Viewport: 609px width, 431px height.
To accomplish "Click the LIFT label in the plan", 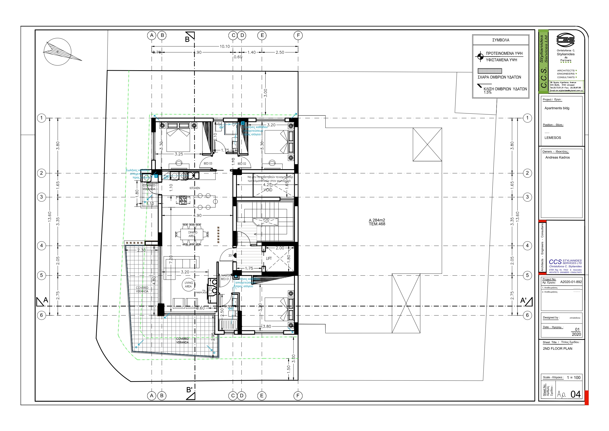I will tap(269, 258).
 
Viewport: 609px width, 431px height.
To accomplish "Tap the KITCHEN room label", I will tap(195, 188).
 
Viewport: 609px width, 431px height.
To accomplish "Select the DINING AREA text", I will tap(193, 234).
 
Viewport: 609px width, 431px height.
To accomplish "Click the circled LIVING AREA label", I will tap(189, 284).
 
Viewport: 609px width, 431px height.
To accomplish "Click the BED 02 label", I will tap(242, 164).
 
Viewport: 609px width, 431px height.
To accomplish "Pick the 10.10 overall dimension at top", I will tap(225, 46).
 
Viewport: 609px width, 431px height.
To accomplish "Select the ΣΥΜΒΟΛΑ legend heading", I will tap(501, 40).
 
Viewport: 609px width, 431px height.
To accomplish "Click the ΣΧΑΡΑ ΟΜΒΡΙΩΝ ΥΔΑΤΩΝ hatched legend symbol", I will tap(490, 71).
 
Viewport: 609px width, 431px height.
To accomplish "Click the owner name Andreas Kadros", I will tap(557, 157).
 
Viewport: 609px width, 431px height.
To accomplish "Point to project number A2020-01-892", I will tap(571, 282).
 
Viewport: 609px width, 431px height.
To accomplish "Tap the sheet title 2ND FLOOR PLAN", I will tap(557, 348).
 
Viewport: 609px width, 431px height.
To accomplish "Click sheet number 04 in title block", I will tap(576, 394).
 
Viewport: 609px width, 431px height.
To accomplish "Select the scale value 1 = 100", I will tap(573, 377).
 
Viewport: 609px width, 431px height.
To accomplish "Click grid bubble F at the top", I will tap(298, 35).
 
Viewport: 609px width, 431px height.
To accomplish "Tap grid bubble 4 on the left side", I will tap(41, 246).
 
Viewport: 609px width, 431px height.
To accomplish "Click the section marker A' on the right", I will tap(526, 301).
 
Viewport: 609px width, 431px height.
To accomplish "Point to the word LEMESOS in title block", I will tap(553, 138).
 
